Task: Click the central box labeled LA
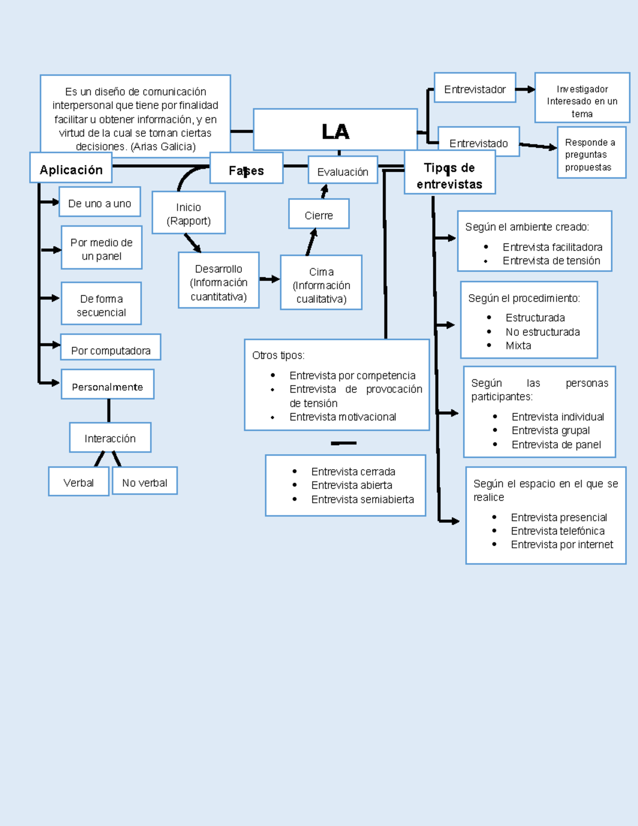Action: click(335, 130)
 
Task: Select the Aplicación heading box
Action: click(71, 169)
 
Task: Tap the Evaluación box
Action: click(342, 171)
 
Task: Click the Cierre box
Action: click(318, 214)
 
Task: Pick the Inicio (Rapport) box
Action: click(188, 213)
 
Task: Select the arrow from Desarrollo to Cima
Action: click(270, 279)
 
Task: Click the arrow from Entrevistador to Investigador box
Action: click(525, 89)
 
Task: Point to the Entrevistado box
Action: click(478, 143)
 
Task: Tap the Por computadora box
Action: click(111, 349)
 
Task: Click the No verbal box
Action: click(145, 482)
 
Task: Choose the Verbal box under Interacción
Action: click(79, 482)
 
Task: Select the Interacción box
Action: click(110, 438)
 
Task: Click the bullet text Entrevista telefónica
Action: click(557, 530)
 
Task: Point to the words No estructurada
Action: click(542, 331)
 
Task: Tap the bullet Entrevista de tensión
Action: click(551, 260)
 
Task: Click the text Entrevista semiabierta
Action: click(362, 499)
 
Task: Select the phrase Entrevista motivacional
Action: click(342, 416)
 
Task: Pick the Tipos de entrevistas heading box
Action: click(449, 175)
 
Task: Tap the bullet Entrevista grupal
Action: click(550, 430)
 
